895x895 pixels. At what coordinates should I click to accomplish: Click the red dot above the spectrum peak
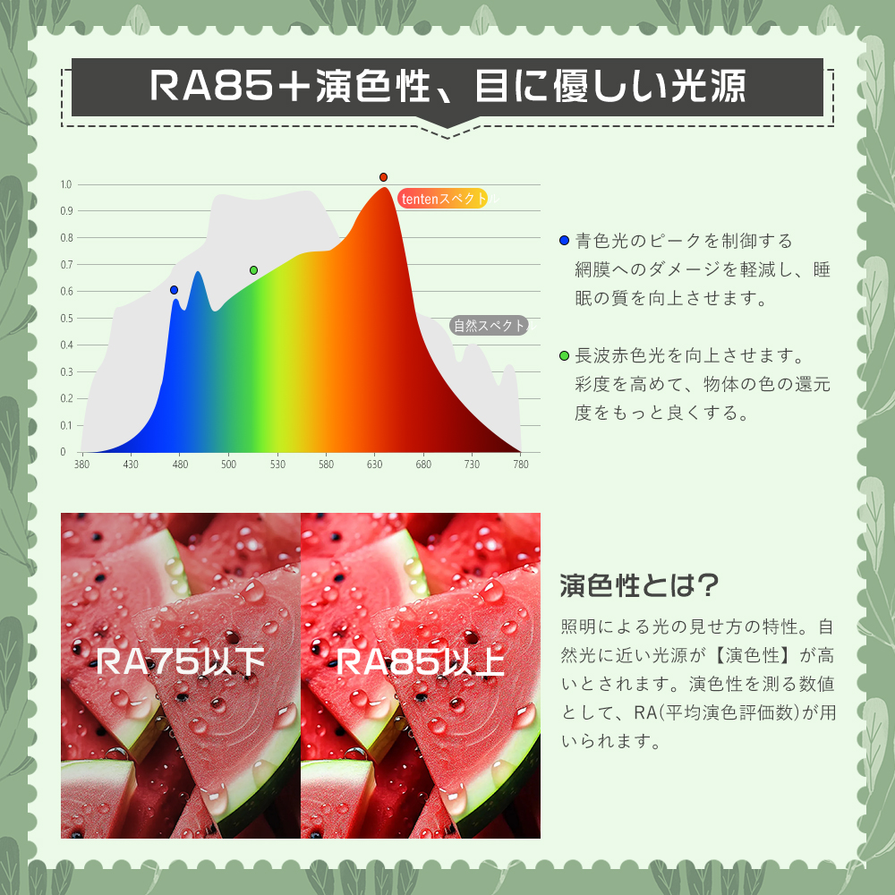tap(384, 177)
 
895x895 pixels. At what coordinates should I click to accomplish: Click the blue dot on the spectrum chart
tap(175, 290)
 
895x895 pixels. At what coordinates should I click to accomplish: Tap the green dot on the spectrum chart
tap(253, 270)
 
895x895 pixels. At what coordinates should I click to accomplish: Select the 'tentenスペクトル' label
tap(443, 199)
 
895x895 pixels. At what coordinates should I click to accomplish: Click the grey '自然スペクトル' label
tap(490, 326)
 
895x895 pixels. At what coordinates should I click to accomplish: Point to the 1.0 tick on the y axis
tap(66, 184)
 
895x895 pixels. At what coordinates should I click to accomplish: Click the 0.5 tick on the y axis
tap(66, 318)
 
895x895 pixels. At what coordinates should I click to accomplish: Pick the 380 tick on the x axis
tap(81, 464)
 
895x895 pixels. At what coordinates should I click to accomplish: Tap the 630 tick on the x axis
tap(374, 464)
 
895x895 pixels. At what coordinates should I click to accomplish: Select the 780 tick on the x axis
tap(521, 464)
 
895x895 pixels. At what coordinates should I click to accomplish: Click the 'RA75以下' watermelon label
tap(181, 661)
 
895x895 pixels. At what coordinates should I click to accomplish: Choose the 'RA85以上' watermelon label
tap(421, 661)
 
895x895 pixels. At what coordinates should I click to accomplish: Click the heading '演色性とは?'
tap(639, 585)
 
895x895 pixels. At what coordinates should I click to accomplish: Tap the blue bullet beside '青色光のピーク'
tap(565, 240)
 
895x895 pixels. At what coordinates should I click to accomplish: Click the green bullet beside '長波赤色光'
tap(565, 355)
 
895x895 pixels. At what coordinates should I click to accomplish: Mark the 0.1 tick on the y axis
tap(66, 425)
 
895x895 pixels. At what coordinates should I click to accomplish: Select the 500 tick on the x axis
tap(228, 464)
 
